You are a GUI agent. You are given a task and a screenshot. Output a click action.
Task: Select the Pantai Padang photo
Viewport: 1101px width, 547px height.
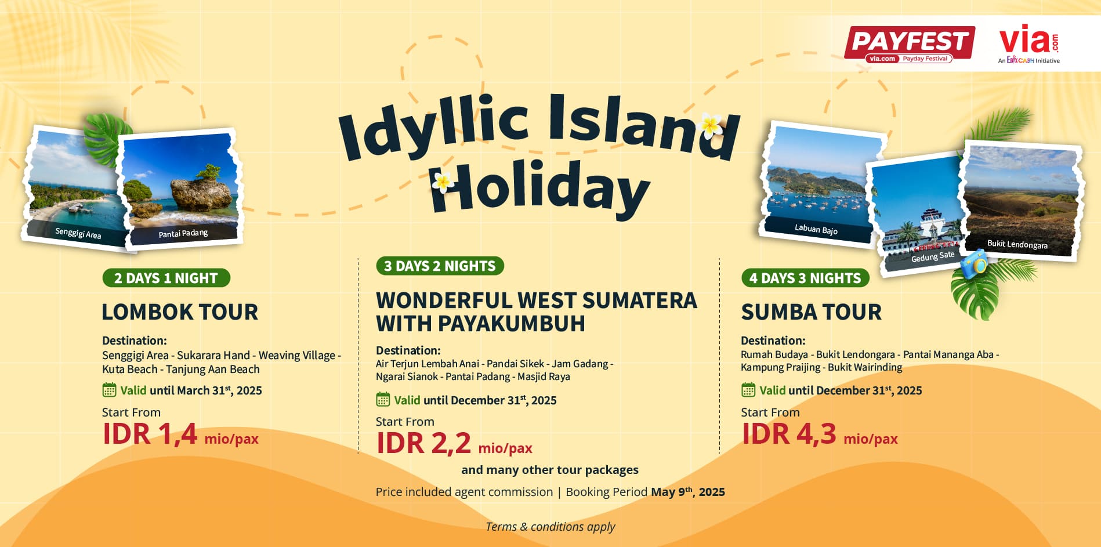[182, 189]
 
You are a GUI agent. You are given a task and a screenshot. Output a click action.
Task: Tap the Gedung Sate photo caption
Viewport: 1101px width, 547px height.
[932, 256]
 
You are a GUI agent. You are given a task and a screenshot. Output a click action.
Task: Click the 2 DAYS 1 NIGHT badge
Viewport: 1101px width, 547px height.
[166, 278]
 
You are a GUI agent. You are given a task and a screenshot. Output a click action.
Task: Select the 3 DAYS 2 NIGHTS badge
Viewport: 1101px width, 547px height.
[440, 266]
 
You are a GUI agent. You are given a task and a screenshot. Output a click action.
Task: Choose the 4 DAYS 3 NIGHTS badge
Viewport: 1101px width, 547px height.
[805, 278]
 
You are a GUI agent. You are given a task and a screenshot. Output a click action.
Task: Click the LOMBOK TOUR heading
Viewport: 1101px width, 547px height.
[180, 312]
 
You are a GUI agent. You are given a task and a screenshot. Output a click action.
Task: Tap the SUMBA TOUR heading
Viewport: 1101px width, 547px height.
[811, 312]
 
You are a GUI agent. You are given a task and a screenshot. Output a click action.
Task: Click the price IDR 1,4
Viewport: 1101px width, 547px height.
[150, 434]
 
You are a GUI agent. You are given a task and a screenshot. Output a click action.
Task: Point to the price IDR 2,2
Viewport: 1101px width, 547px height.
[423, 444]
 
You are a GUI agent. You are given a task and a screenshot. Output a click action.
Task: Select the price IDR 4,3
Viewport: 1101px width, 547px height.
[789, 434]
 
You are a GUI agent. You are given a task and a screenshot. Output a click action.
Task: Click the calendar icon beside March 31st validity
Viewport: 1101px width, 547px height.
[109, 390]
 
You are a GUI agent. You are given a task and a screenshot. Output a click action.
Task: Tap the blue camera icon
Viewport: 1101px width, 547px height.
[974, 264]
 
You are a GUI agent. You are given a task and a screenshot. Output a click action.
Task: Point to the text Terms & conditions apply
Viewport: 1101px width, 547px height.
[550, 527]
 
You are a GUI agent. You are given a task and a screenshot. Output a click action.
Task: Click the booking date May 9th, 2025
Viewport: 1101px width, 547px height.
[688, 492]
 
